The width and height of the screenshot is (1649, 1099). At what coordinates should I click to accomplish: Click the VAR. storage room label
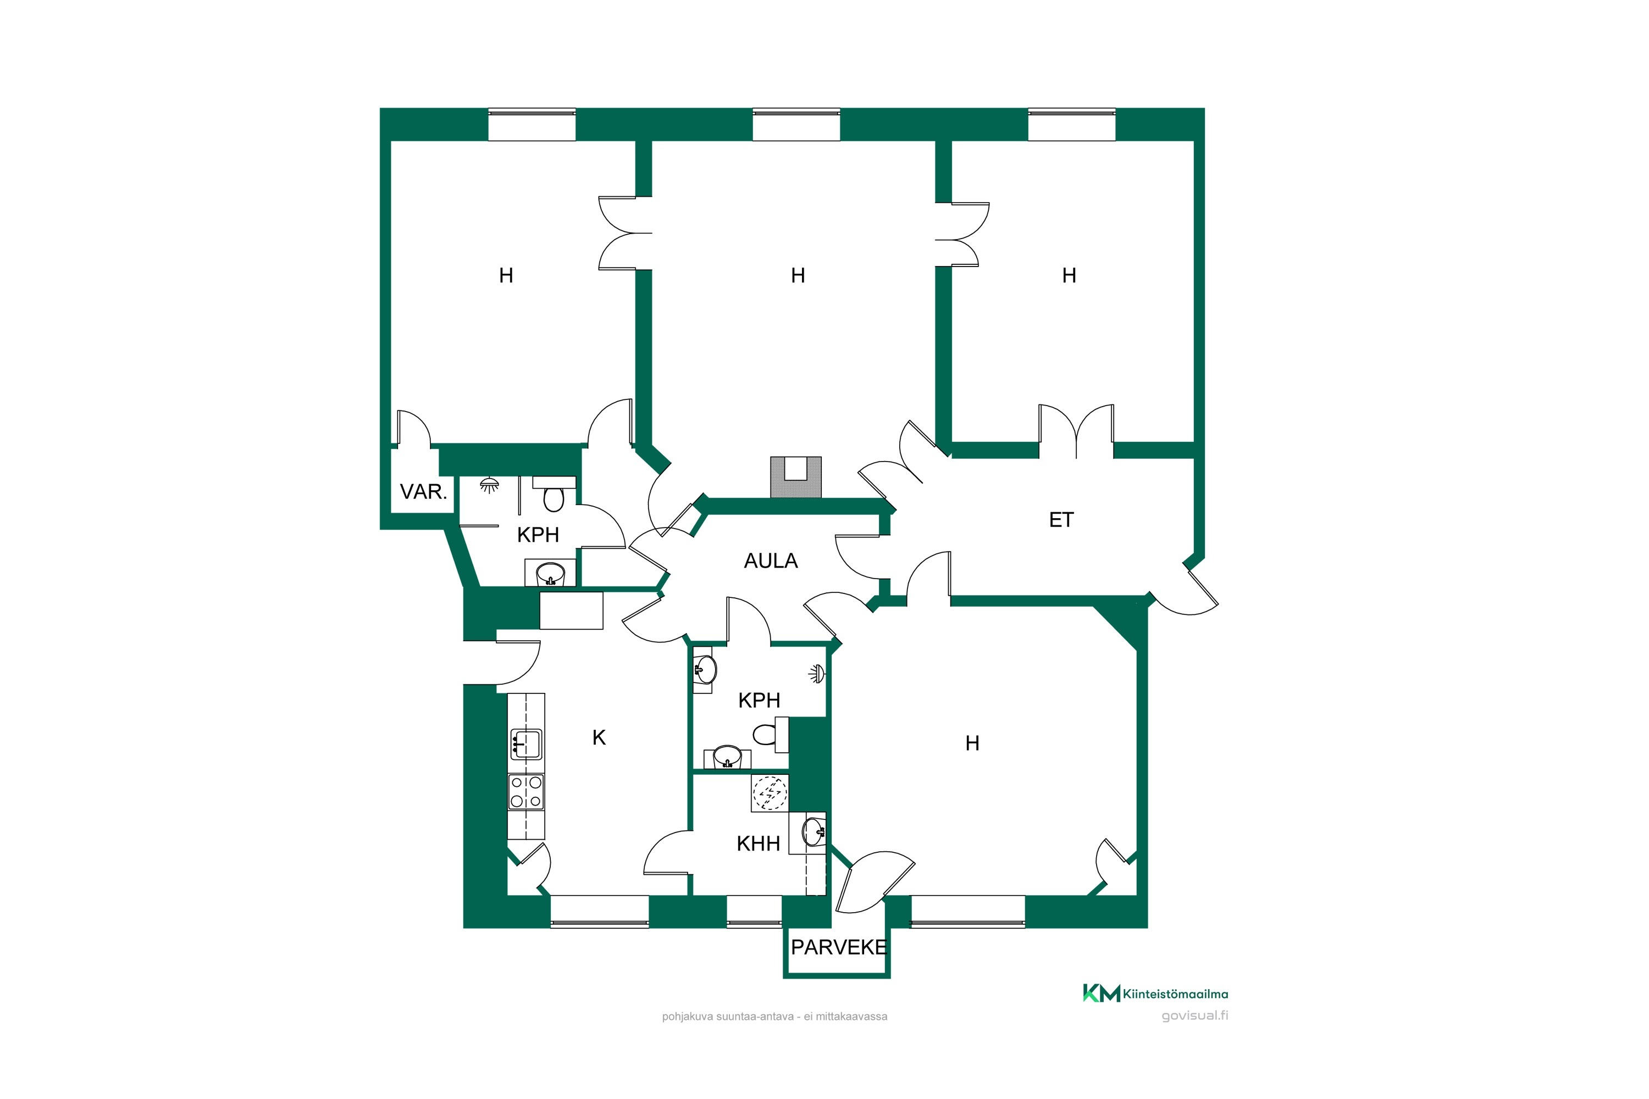(423, 492)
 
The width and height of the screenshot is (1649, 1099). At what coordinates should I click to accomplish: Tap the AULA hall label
(771, 560)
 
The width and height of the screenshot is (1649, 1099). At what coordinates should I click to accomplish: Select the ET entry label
(1061, 519)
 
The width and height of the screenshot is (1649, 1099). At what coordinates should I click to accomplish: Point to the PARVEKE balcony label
(839, 947)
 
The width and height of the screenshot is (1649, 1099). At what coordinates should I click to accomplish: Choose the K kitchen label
(599, 737)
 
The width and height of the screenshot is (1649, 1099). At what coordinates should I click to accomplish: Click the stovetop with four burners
(526, 791)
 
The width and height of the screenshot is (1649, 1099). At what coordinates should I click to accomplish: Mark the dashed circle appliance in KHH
(770, 793)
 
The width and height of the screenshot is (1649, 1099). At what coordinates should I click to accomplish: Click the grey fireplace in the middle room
(796, 478)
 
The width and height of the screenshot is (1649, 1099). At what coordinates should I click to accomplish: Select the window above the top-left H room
(532, 125)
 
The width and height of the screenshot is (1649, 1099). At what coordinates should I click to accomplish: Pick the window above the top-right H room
(1071, 125)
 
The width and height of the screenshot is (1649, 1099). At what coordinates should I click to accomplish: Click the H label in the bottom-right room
(972, 743)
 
